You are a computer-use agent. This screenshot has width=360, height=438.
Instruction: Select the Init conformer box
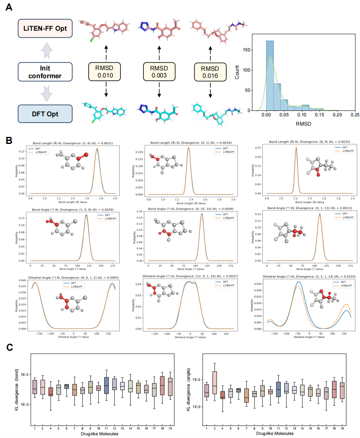pos(45,72)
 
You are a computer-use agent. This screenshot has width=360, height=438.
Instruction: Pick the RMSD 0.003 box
pos(159,72)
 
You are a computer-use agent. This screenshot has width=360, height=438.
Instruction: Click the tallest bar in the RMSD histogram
pos(270,78)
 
